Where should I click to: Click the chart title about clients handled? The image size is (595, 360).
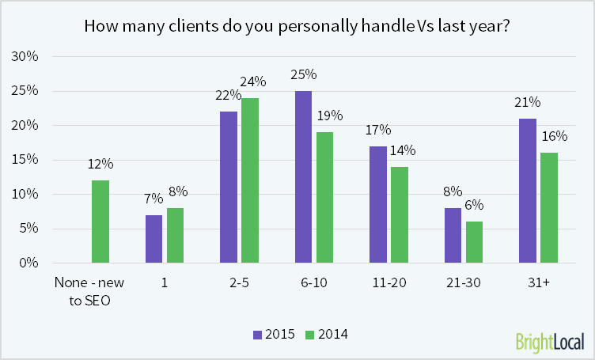coord(297,26)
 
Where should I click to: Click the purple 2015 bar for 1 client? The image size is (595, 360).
coord(155,238)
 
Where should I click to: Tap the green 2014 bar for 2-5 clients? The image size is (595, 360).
coord(250,180)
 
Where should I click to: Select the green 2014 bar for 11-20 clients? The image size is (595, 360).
coord(400,214)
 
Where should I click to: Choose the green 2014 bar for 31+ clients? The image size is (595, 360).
coord(549,207)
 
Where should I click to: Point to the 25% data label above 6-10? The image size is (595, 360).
coord(304,74)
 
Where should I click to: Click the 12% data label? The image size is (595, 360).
coord(100,164)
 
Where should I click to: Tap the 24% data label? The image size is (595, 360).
coord(253,81)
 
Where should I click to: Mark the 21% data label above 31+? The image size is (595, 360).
coord(528,102)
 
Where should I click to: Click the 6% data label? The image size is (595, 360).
coord(475,205)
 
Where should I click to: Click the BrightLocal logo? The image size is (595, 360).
coord(549,342)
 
